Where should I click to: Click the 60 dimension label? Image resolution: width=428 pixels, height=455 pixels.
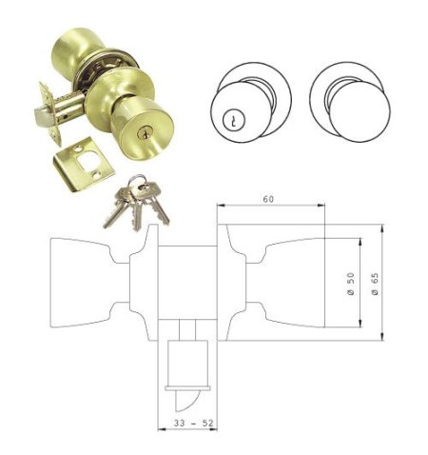(268, 199)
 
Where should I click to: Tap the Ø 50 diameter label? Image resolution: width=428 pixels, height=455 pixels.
(351, 284)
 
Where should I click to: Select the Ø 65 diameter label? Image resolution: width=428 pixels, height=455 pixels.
(375, 284)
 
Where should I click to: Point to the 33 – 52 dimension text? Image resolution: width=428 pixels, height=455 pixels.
(193, 423)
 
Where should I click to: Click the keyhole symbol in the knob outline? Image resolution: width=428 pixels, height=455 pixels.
(233, 120)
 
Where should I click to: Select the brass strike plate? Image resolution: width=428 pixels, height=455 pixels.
(83, 164)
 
